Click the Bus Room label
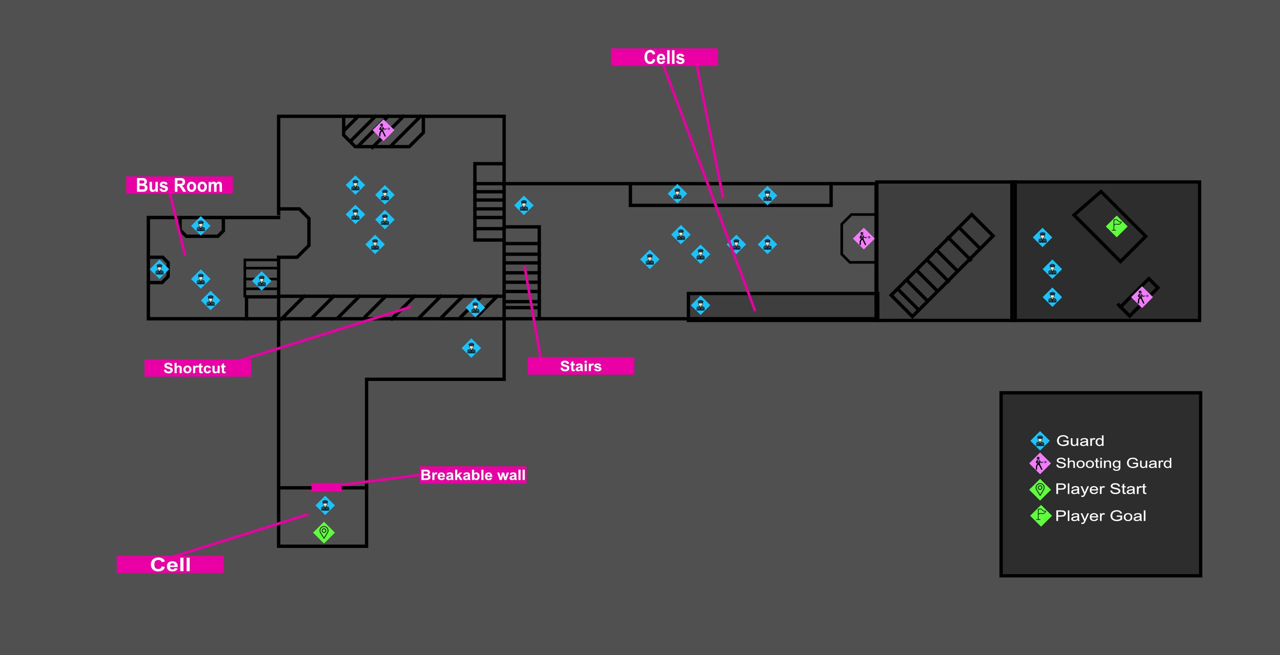(x=179, y=185)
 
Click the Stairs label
(x=580, y=366)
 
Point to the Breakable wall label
(x=473, y=475)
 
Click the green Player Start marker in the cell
(x=324, y=532)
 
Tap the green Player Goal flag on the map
(x=1116, y=226)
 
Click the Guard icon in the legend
(x=1040, y=440)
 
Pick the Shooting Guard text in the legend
(x=1113, y=463)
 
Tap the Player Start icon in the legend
(x=1040, y=490)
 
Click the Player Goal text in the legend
(x=1101, y=516)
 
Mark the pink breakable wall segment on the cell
(x=327, y=488)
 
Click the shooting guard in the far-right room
(x=1141, y=297)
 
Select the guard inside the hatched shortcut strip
(x=475, y=307)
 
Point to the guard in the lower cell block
(x=700, y=305)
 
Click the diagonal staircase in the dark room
(x=942, y=266)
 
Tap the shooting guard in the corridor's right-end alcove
(x=863, y=239)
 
